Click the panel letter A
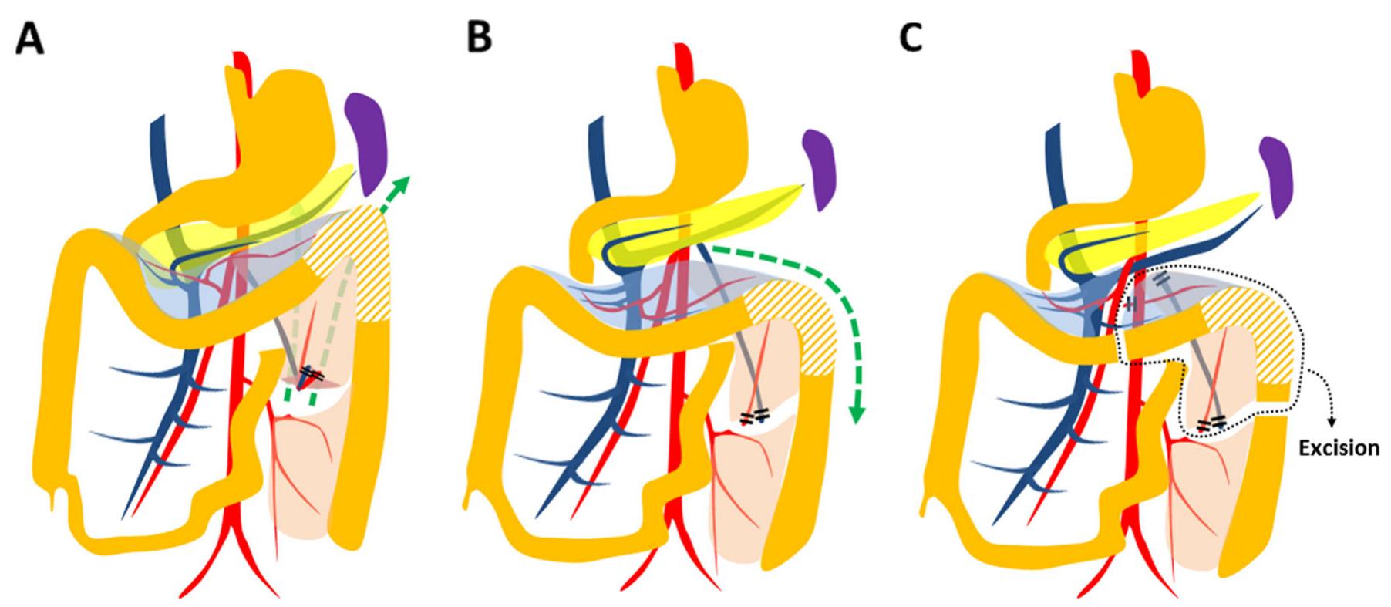(29, 37)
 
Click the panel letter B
(480, 37)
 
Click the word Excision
(1339, 447)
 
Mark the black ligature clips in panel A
(312, 373)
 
